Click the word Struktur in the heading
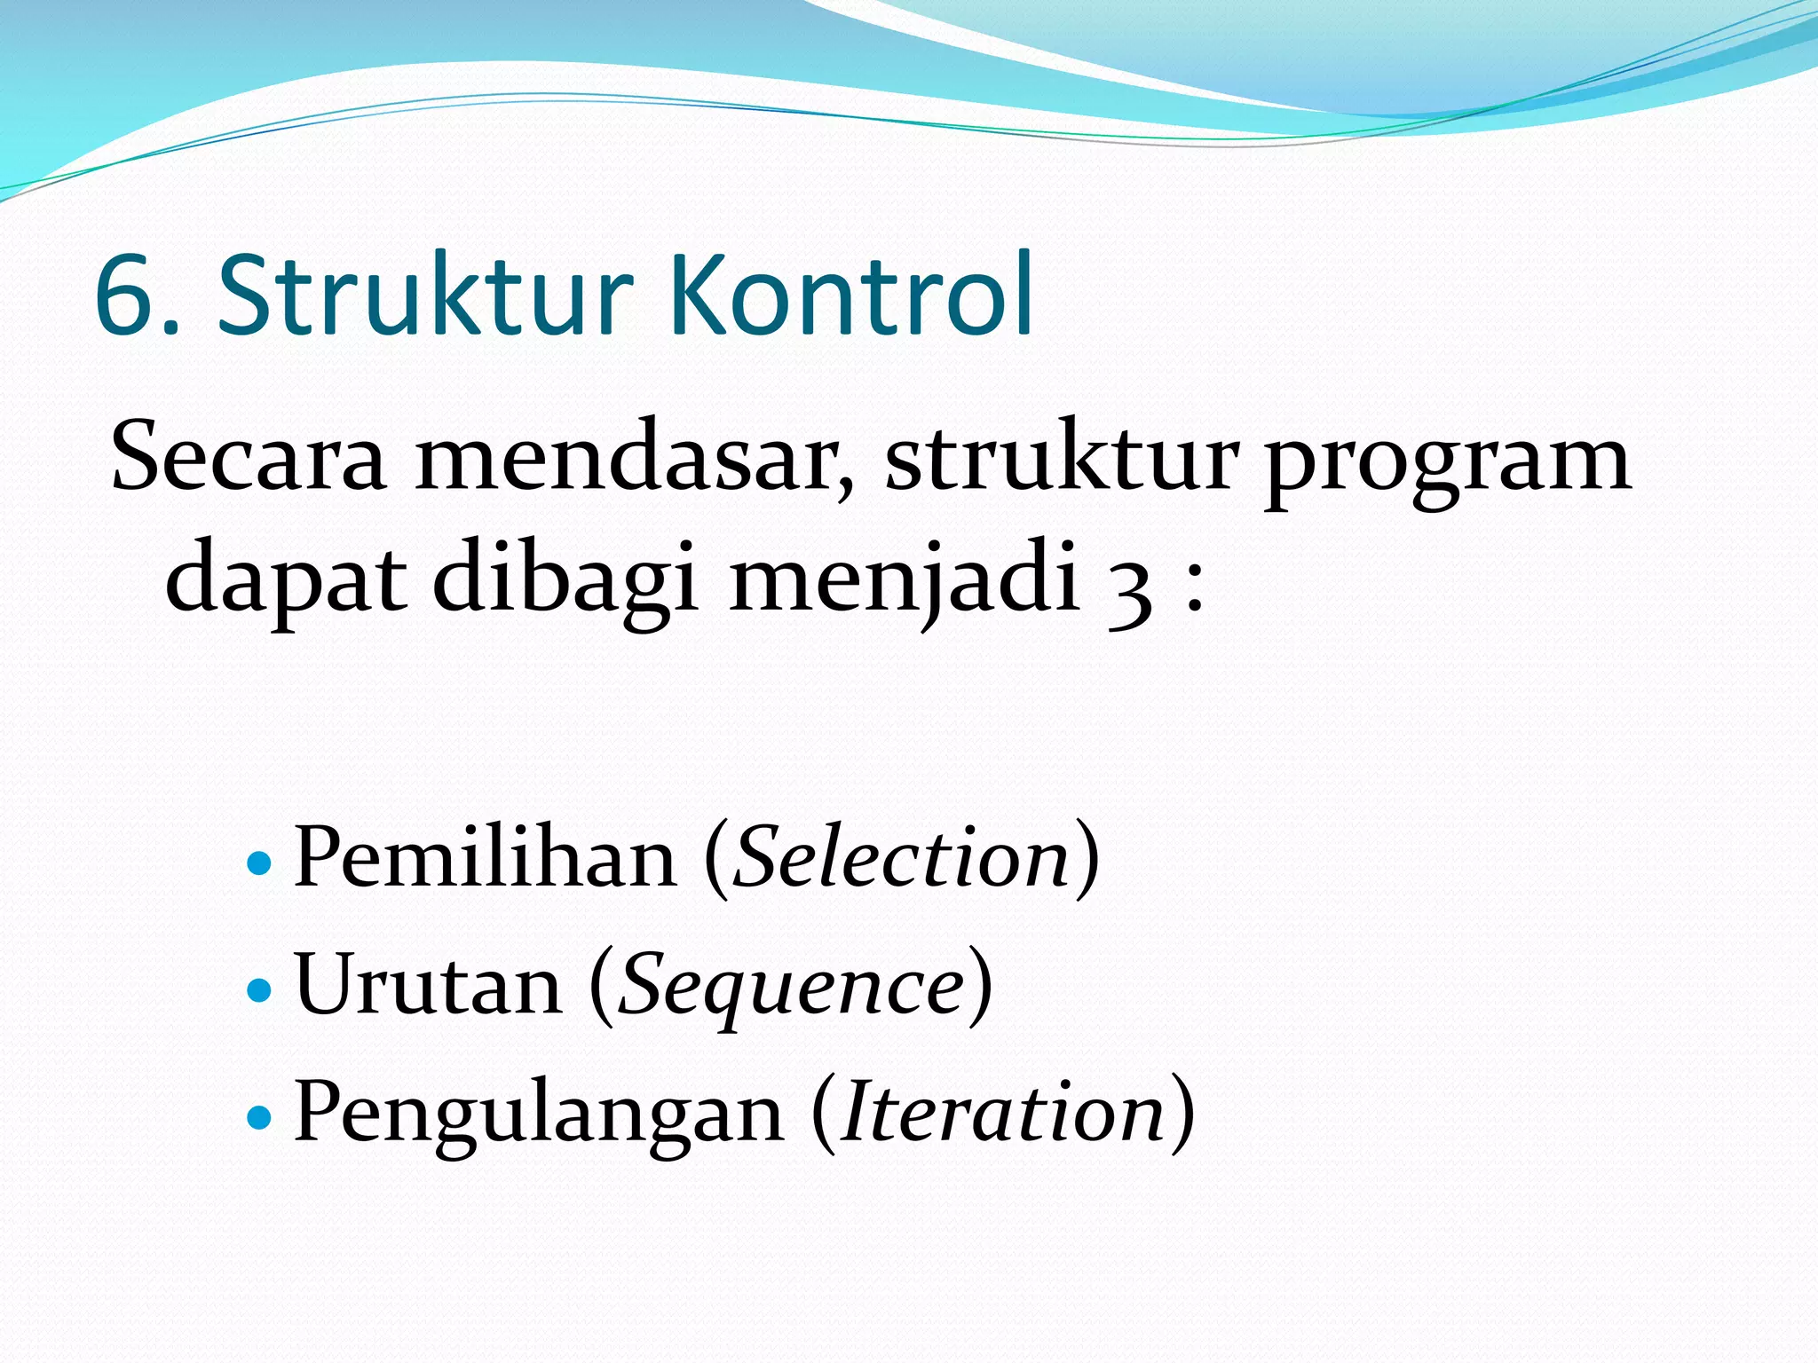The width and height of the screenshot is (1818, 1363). coord(426,296)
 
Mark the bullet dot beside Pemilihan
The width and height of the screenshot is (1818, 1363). coord(258,862)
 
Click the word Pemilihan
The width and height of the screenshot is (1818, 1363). coord(485,856)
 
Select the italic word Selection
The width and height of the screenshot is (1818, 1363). coord(902,856)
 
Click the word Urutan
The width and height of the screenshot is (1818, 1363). coord(428,985)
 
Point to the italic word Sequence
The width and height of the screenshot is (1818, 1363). coord(791,988)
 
